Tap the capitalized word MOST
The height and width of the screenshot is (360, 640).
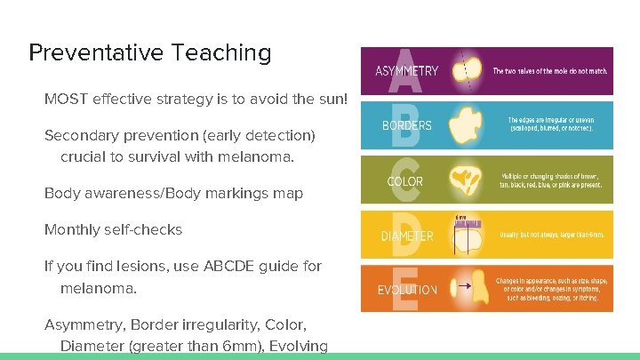[x=64, y=99]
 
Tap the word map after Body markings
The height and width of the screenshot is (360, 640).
[x=287, y=193]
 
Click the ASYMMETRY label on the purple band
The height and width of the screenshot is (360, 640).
[x=406, y=71]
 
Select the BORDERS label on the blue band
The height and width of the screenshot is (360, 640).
[x=406, y=125]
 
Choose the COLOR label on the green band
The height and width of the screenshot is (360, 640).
[x=404, y=181]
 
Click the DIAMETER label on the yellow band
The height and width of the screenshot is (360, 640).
[x=406, y=236]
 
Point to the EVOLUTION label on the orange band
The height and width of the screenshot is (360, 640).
[x=407, y=290]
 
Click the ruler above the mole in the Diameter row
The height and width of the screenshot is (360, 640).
[x=468, y=222]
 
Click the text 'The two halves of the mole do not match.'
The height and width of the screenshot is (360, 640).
[x=549, y=70]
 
